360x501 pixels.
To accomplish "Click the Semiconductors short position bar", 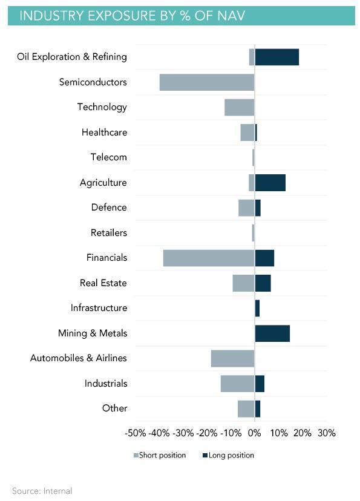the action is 207,82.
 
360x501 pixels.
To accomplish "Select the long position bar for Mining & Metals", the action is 272,333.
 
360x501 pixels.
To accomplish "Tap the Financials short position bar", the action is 209,258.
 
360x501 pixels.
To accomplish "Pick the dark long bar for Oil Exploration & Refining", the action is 277,57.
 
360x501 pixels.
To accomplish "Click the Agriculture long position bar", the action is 270,183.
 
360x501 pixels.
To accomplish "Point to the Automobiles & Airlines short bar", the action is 233,358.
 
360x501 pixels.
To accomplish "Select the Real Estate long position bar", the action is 263,283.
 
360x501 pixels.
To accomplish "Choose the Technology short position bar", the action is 240,107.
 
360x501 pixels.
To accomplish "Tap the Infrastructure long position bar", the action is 257,309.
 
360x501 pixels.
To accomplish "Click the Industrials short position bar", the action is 238,384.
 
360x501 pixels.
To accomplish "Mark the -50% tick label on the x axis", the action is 136,433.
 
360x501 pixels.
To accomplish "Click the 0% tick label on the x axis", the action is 255,433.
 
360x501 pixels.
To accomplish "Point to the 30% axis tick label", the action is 327,433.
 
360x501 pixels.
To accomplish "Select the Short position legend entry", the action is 160,455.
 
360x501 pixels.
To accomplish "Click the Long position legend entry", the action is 228,455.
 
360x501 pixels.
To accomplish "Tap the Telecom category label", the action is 109,157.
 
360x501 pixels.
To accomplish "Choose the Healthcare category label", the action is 105,133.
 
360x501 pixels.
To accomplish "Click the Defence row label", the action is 109,208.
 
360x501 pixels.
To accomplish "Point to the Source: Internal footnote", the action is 42,491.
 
